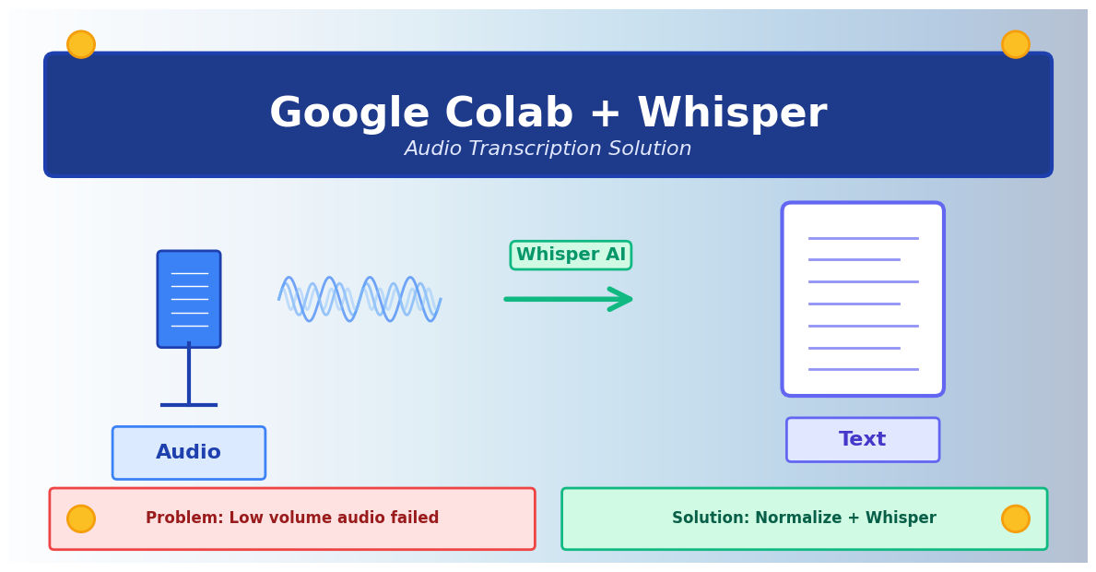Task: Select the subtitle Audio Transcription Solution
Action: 548,149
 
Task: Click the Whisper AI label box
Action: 571,256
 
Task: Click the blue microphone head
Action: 189,299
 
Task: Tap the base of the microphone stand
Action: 189,404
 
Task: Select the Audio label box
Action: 189,453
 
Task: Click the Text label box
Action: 862,440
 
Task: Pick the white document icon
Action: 862,299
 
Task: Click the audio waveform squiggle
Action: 359,299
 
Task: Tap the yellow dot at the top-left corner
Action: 81,44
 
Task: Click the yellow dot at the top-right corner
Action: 1015,44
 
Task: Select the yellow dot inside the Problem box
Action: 81,518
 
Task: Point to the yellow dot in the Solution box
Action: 1015,518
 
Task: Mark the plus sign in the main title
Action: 605,114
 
